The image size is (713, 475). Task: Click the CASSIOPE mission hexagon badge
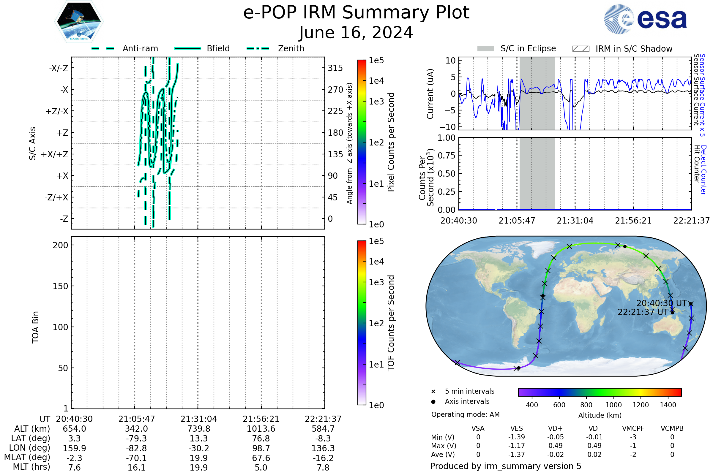pyautogui.click(x=79, y=21)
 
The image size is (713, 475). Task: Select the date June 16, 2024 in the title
pyautogui.click(x=356, y=33)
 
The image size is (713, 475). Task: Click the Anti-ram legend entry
pyautogui.click(x=140, y=48)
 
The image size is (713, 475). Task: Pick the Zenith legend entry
pyautogui.click(x=291, y=48)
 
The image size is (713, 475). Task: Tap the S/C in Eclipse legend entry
pyautogui.click(x=528, y=48)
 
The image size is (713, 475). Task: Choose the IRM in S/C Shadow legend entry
pyautogui.click(x=634, y=49)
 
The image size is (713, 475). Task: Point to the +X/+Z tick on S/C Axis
pyautogui.click(x=55, y=154)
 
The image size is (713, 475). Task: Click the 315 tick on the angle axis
pyautogui.click(x=335, y=68)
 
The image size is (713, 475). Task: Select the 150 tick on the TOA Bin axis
pyautogui.click(x=60, y=286)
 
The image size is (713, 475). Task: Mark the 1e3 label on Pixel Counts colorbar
pyautogui.click(x=376, y=102)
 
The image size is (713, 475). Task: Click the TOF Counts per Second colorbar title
pyautogui.click(x=391, y=323)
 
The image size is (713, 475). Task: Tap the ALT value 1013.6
pyautogui.click(x=261, y=429)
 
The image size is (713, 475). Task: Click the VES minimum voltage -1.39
pyautogui.click(x=517, y=437)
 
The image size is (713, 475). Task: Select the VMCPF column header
pyautogui.click(x=633, y=429)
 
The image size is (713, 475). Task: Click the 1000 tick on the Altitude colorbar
pyautogui.click(x=613, y=405)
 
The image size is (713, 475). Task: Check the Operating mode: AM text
pyautogui.click(x=465, y=414)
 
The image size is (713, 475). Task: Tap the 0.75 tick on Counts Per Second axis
pyautogui.click(x=447, y=156)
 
